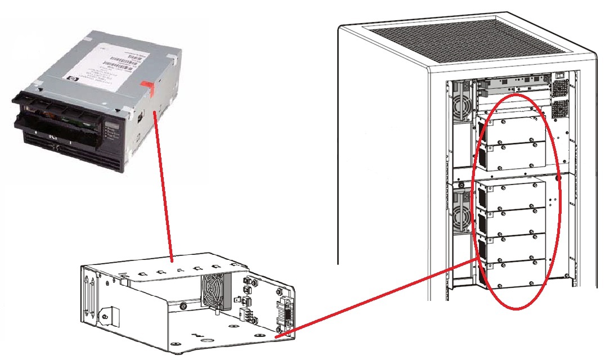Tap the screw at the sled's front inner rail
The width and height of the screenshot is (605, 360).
pos(183,307)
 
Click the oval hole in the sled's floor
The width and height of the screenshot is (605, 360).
pos(207,340)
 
